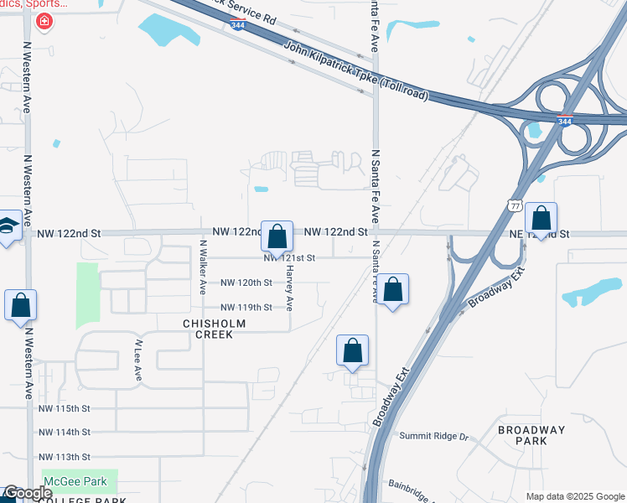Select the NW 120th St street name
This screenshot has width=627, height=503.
click(x=246, y=283)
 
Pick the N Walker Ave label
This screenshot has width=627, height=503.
click(x=203, y=267)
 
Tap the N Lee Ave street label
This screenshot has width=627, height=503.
click(x=139, y=360)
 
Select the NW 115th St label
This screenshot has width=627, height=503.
click(x=64, y=408)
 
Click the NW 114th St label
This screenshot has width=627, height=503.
click(x=64, y=433)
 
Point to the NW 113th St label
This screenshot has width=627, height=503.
click(x=64, y=457)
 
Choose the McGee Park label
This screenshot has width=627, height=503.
click(x=76, y=481)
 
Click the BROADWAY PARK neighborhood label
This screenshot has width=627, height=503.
click(x=531, y=435)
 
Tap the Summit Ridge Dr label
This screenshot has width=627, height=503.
click(x=433, y=436)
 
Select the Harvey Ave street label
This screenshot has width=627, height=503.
click(x=290, y=289)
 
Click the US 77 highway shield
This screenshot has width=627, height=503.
click(x=514, y=205)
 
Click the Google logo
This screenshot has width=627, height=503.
click(x=27, y=493)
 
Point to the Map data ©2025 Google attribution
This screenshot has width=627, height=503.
click(x=574, y=496)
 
